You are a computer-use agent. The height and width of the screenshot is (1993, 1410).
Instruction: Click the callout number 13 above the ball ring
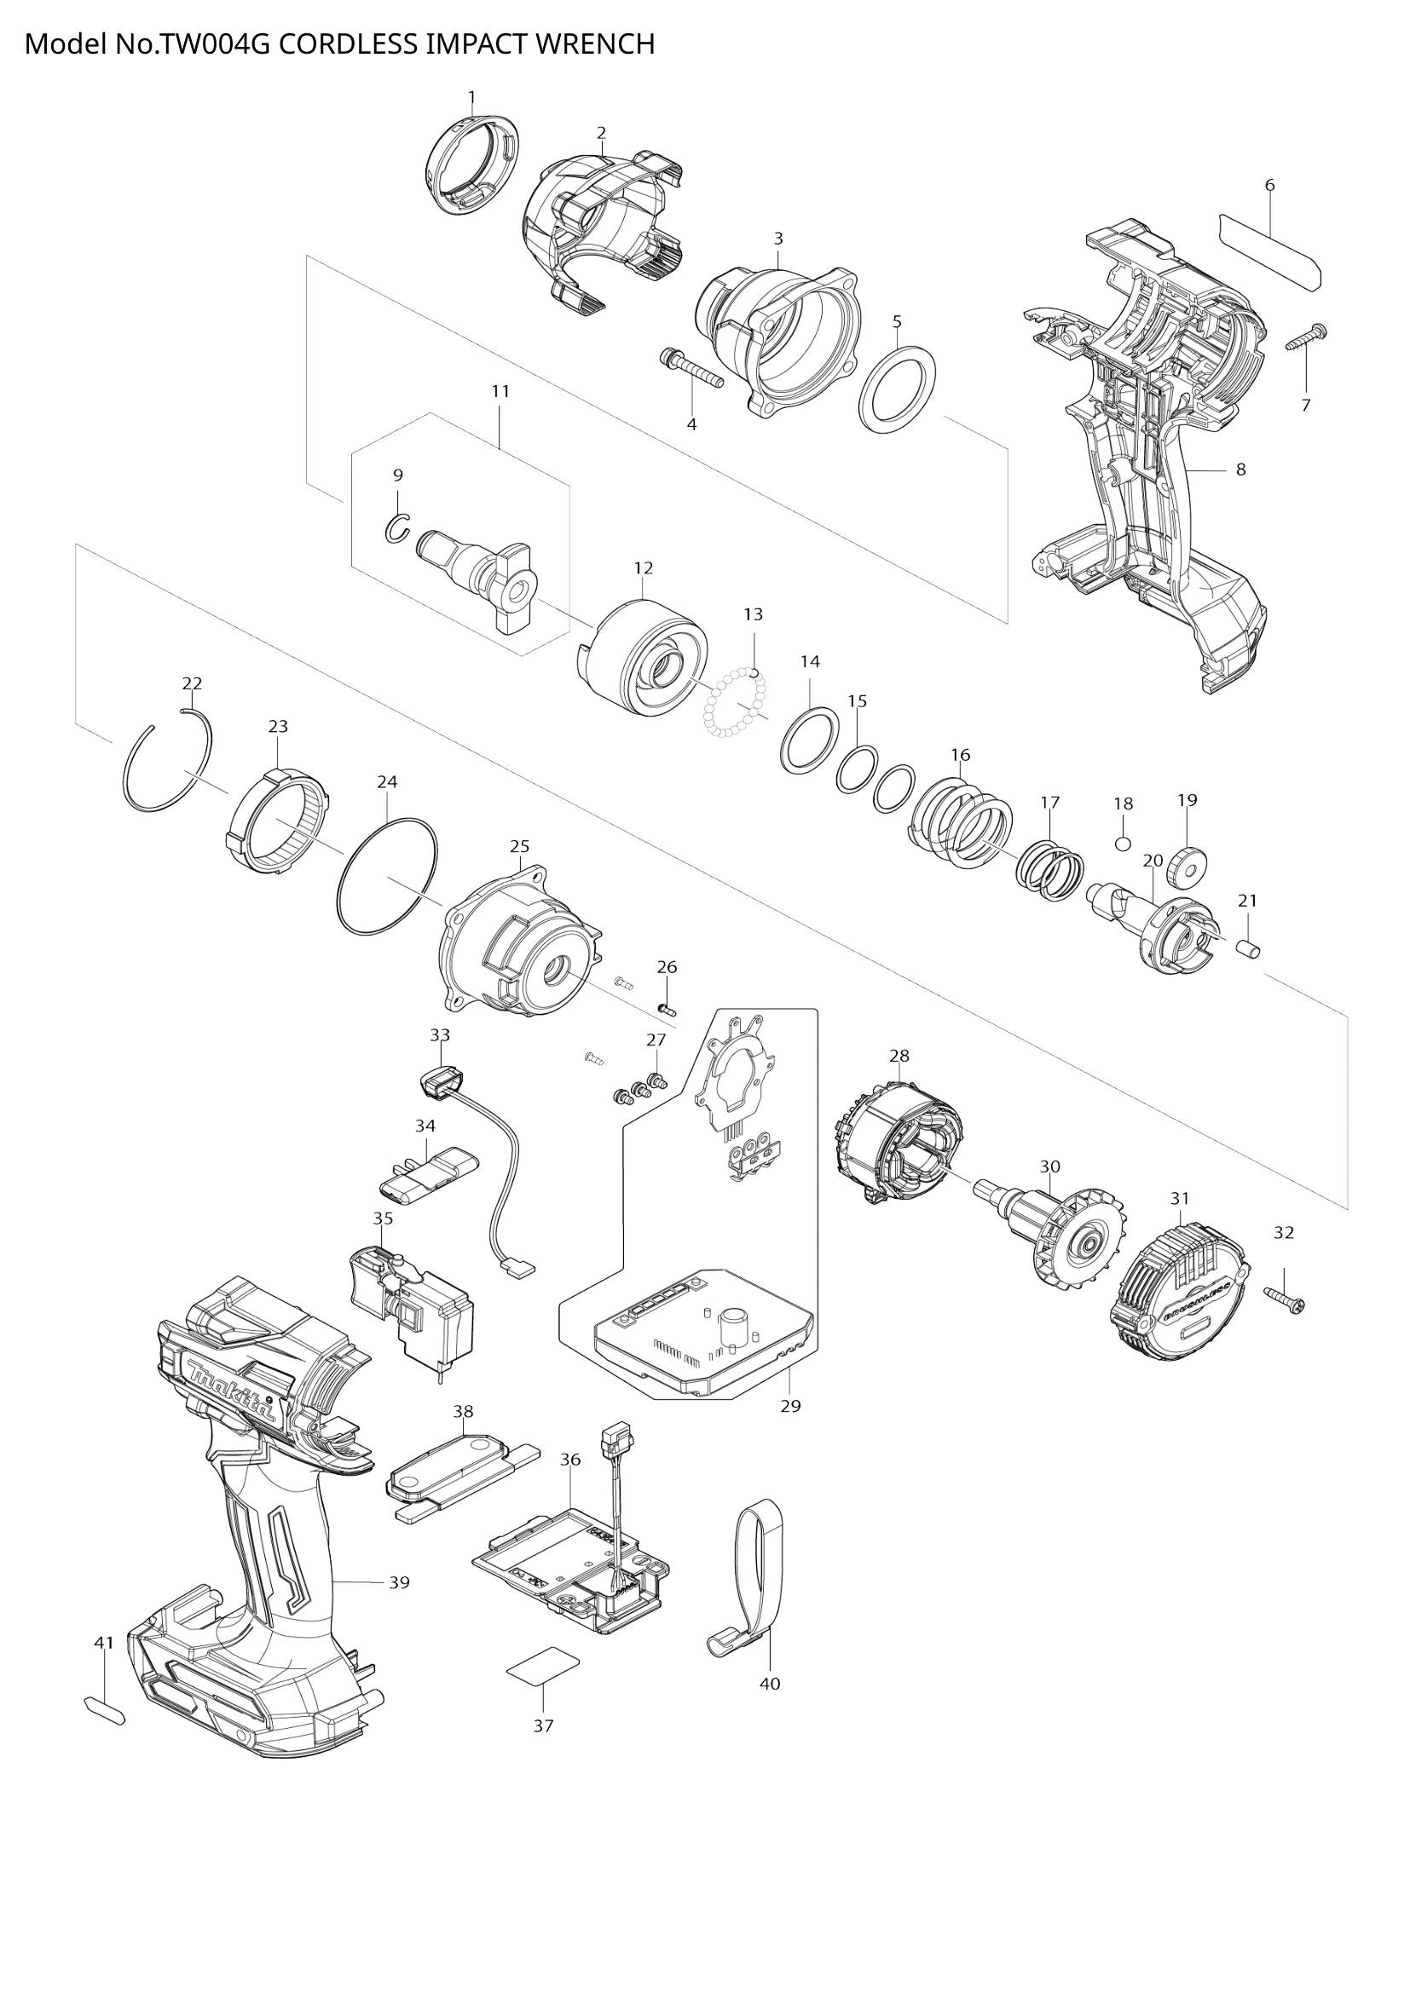coord(753,614)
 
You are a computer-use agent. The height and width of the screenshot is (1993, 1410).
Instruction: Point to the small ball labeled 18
coord(1123,842)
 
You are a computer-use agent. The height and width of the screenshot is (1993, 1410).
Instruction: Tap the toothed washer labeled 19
coord(1188,865)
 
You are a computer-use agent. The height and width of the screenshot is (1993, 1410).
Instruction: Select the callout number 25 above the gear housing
coord(519,845)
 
